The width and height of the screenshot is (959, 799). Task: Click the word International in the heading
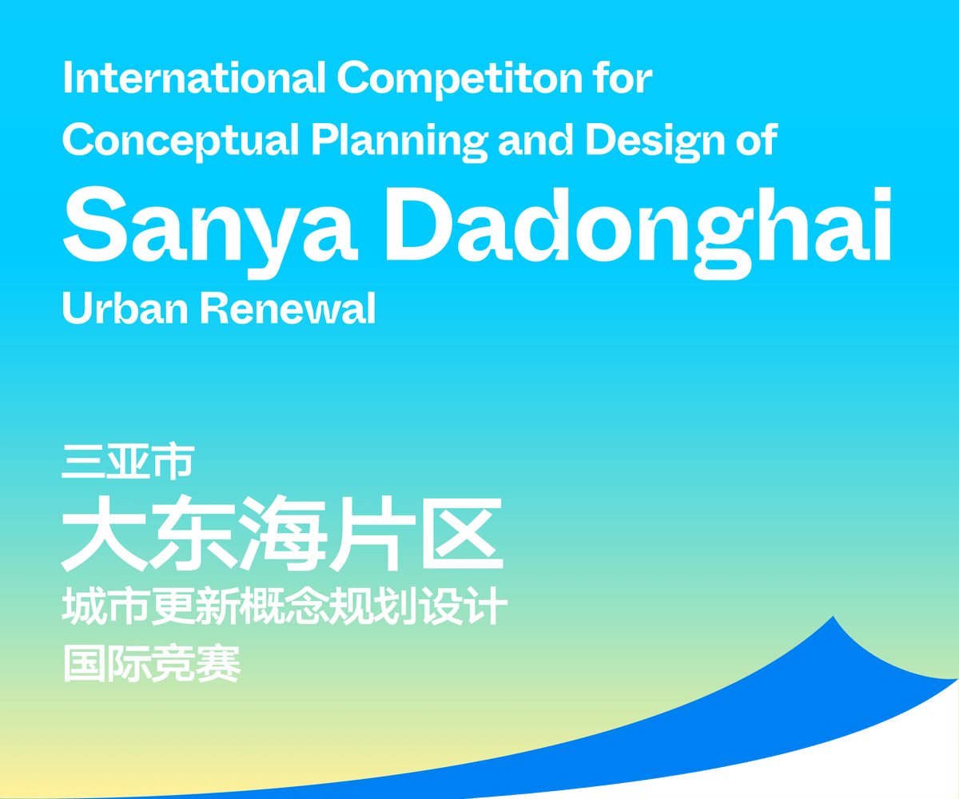(x=193, y=78)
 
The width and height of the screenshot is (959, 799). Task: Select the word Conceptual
(x=180, y=141)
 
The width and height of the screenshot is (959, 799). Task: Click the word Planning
(x=398, y=142)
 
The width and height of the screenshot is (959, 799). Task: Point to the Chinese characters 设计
(x=463, y=606)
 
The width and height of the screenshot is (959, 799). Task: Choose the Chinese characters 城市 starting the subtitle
(x=108, y=606)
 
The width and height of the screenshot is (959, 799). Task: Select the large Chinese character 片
(x=372, y=533)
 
